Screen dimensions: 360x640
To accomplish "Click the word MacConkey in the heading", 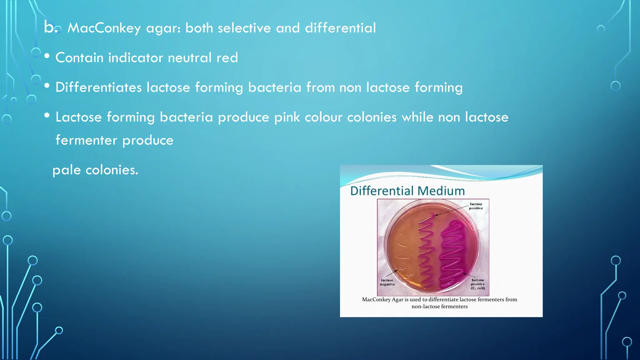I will [104, 28].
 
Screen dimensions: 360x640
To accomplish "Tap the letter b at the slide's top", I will [49, 27].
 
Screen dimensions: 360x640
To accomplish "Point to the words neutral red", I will [203, 58].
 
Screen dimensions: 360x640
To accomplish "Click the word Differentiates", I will [98, 87].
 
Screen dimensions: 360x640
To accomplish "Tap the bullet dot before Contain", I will [47, 56].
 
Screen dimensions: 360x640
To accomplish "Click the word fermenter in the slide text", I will [86, 140].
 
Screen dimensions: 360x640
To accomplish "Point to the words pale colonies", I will [95, 170].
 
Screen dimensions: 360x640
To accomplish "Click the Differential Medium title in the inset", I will [407, 191].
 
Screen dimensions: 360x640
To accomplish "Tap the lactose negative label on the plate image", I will [387, 282].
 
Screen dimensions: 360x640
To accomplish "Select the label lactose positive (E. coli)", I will [477, 284].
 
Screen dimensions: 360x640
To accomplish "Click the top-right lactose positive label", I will [476, 206].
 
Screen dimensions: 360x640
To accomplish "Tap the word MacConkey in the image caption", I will [376, 299].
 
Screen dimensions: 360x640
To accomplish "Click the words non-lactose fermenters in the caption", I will [439, 307].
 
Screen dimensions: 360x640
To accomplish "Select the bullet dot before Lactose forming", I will [47, 116].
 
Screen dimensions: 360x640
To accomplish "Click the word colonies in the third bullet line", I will [372, 117].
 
